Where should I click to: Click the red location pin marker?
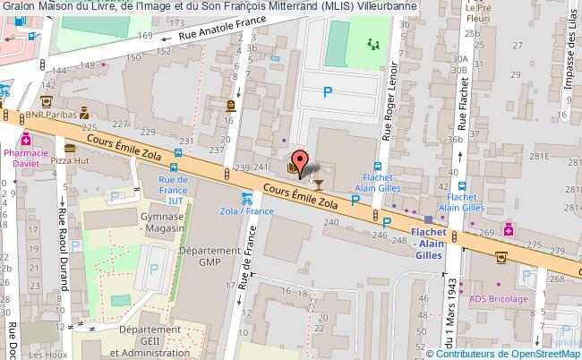(302, 163)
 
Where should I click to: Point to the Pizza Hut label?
(69, 159)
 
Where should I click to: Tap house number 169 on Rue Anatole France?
(146, 37)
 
